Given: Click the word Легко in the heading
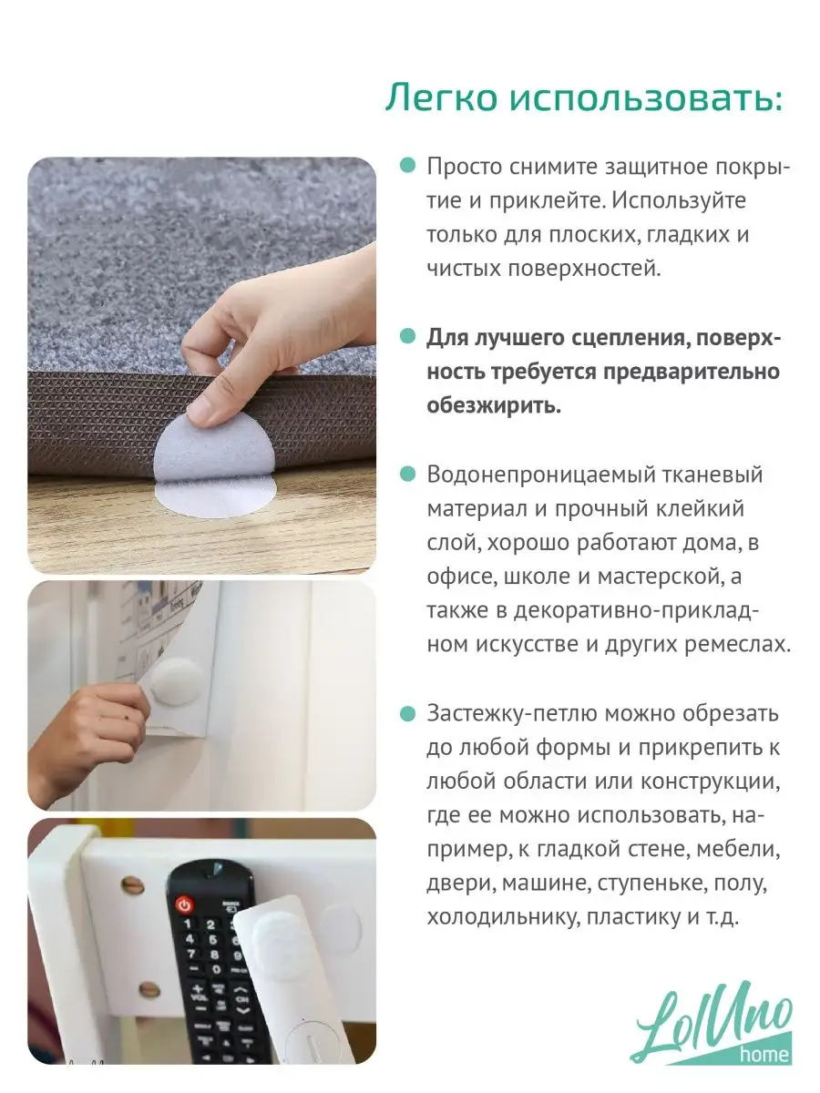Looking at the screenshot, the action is point(441,97).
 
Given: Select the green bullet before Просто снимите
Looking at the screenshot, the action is point(408,166).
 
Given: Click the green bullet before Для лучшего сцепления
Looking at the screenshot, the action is point(408,336).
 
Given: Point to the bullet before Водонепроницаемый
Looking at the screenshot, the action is point(408,474).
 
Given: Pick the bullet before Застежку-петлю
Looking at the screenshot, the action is point(408,713).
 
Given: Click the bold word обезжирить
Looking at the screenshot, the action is point(494,406).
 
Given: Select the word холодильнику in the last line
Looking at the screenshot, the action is point(503,917).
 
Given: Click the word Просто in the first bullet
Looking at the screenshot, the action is point(464,167).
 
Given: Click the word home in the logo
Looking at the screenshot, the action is point(765,1054).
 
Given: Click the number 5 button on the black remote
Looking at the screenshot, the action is point(212,940).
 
